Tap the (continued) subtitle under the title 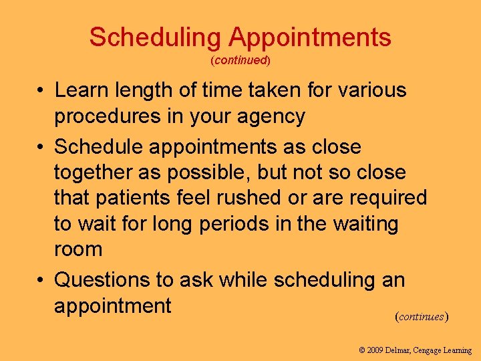click(x=240, y=60)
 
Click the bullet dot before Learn click(x=41, y=90)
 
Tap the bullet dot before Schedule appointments click(x=41, y=146)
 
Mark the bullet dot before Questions click(x=41, y=280)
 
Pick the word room click(x=78, y=250)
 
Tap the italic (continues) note click(x=422, y=316)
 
